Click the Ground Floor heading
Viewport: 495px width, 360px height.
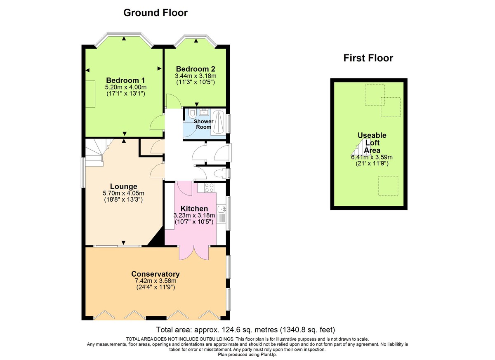coord(156,13)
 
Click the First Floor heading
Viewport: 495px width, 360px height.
coord(368,58)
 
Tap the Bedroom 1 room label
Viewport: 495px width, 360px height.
coord(125,80)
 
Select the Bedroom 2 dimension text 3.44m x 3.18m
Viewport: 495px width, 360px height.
coord(196,76)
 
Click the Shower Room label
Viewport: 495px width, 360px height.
coord(204,124)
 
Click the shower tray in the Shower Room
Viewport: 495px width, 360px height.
coord(219,122)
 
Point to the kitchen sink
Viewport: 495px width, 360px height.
coord(221,210)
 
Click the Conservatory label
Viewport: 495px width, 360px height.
coord(155,274)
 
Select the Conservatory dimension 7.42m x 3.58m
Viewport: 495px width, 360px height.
coord(155,281)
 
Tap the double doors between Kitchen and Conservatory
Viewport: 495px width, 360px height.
coord(194,252)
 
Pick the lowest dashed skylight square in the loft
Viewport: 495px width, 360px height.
coord(388,186)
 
